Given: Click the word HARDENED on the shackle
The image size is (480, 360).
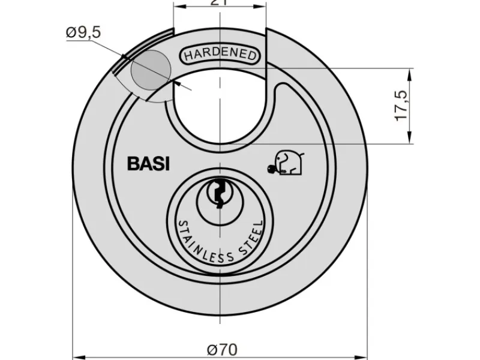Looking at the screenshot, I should click(220, 55).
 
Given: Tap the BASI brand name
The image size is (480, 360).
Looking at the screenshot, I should click(148, 164).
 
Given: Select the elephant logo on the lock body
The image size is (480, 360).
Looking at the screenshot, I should click(287, 163).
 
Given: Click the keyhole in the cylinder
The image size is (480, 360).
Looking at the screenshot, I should click(218, 193).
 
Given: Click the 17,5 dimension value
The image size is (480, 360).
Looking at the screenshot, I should click(401, 106).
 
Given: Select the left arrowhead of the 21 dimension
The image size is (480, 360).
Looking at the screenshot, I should click(178, 5).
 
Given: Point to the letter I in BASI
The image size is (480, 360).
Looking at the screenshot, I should click(167, 164).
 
